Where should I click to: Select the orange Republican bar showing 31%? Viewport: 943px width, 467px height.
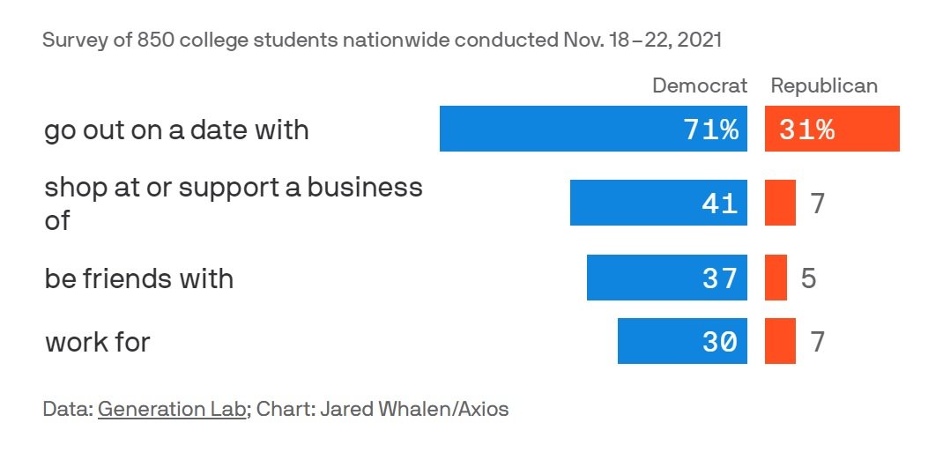coord(832,129)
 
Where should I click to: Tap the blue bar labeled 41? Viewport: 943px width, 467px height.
coord(658,203)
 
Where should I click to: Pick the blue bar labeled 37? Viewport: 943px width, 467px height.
coord(667,278)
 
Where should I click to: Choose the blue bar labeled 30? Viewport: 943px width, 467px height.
coord(682,341)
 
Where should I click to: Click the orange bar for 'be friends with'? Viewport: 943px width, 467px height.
coord(776,278)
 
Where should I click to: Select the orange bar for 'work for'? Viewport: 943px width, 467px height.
coord(780,341)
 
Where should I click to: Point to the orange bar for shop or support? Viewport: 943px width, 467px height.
coord(780,203)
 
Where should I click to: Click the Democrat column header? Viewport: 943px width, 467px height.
coord(699,85)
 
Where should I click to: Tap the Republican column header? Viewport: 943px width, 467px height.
coord(824,85)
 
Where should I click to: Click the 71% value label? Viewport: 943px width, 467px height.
coord(711,130)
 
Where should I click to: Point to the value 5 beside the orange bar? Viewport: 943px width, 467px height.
coord(808,278)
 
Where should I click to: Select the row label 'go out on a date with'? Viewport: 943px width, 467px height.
coord(176,130)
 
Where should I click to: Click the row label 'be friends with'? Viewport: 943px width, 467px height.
coord(139,278)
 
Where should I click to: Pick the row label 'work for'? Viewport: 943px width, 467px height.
coord(98,342)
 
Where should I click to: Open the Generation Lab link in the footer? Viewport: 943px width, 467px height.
coord(171,409)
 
